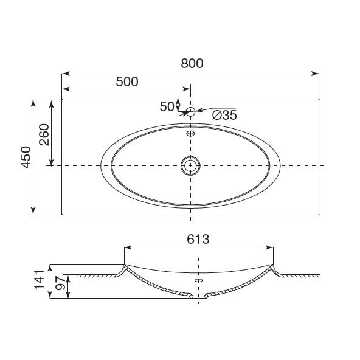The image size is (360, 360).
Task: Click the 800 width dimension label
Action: point(192,63)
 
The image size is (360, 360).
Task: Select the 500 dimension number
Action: point(127,81)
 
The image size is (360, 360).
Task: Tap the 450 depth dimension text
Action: point(26,157)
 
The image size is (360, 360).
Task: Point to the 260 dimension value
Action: point(44,134)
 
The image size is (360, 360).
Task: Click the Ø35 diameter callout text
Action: point(224,115)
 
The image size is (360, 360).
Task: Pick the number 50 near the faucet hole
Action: point(167,107)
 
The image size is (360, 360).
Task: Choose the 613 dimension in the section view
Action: point(198,239)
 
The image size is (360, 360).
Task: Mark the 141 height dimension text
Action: point(39,280)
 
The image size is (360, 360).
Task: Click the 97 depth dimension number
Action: point(60,283)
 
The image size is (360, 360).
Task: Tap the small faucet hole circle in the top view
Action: point(190,112)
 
